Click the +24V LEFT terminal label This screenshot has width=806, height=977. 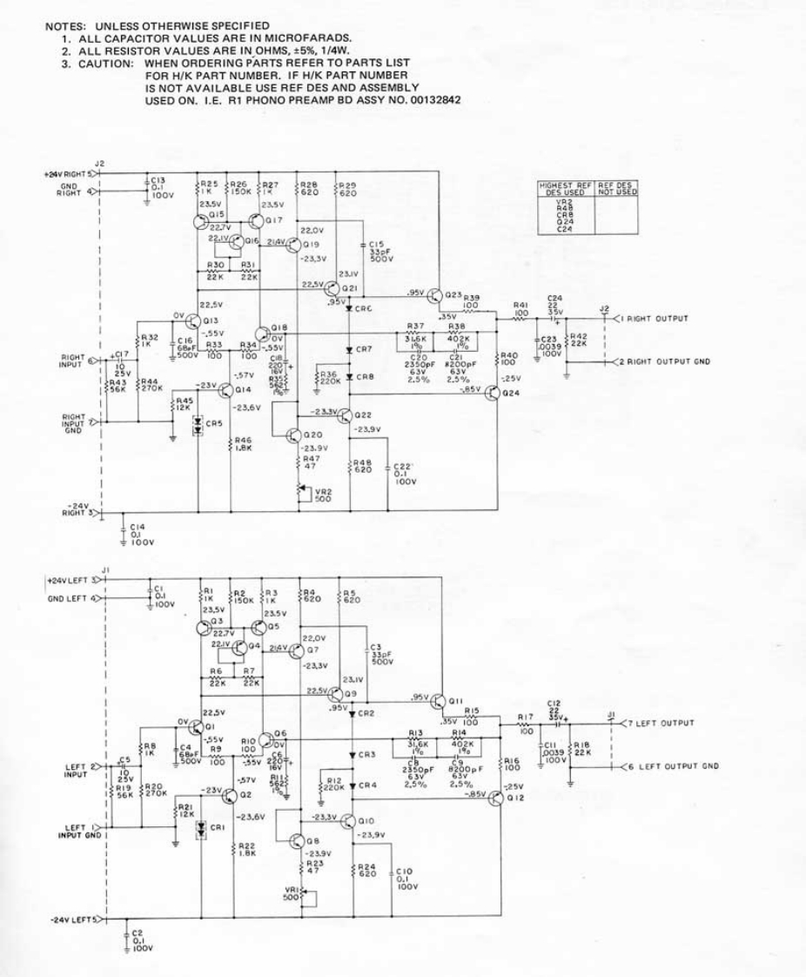tap(69, 579)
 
